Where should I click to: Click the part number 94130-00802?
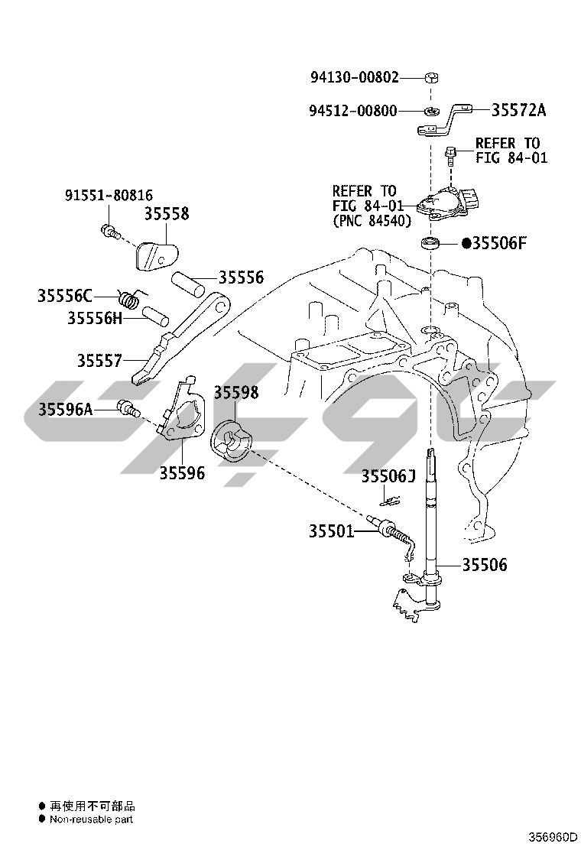[354, 77]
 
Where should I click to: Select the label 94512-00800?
[353, 111]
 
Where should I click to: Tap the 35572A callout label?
[518, 110]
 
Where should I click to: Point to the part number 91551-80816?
[108, 196]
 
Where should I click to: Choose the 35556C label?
[65, 295]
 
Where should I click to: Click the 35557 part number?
[99, 360]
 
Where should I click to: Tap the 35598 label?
[235, 393]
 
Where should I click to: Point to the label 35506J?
[388, 477]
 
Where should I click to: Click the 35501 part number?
[332, 530]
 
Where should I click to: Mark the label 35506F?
[499, 244]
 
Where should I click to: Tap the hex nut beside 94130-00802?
[430, 77]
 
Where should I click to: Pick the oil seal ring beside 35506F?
[431, 245]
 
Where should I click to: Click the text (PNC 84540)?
[372, 221]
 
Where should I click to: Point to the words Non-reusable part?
[92, 819]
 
